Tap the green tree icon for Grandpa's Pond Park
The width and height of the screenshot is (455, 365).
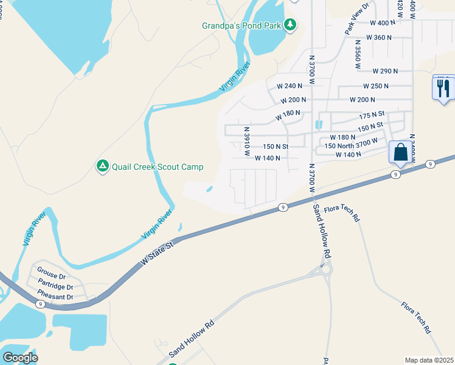click(291, 24)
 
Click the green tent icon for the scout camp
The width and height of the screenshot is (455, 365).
click(102, 165)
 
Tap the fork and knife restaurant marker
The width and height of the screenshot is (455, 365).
click(443, 88)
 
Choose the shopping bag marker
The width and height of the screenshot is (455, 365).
click(400, 152)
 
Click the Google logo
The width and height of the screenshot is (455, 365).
click(20, 358)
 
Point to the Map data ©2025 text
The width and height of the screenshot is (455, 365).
click(429, 360)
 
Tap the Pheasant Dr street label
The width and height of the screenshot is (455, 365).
click(55, 297)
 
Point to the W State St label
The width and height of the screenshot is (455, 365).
click(158, 251)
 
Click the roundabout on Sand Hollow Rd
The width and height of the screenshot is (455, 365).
click(327, 268)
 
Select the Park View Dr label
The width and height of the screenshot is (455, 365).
click(357, 19)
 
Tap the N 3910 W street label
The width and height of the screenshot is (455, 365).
click(247, 141)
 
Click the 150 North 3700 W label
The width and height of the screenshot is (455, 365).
click(355, 146)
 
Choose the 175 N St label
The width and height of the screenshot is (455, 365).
click(372, 114)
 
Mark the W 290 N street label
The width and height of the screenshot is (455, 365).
click(384, 71)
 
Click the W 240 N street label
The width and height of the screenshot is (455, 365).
click(290, 86)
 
